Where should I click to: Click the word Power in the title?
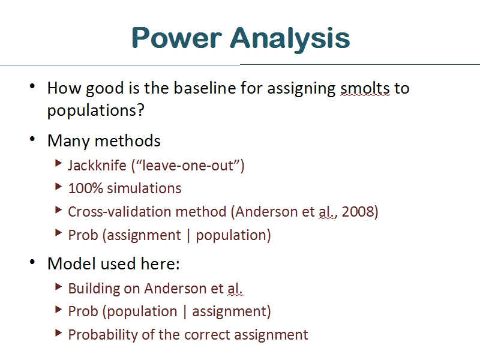(x=176, y=38)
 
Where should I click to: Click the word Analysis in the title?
(x=290, y=39)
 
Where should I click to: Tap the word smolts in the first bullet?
(x=365, y=88)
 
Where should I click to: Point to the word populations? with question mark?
(x=95, y=110)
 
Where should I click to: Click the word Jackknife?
(x=97, y=166)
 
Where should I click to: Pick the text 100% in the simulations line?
(x=85, y=188)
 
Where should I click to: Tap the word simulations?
(x=144, y=188)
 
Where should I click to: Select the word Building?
(x=94, y=289)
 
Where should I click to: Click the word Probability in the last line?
(x=103, y=335)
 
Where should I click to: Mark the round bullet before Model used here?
(x=32, y=262)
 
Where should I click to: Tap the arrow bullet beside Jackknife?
(x=58, y=163)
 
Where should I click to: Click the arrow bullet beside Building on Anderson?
(x=58, y=287)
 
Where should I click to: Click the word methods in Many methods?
(x=127, y=141)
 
